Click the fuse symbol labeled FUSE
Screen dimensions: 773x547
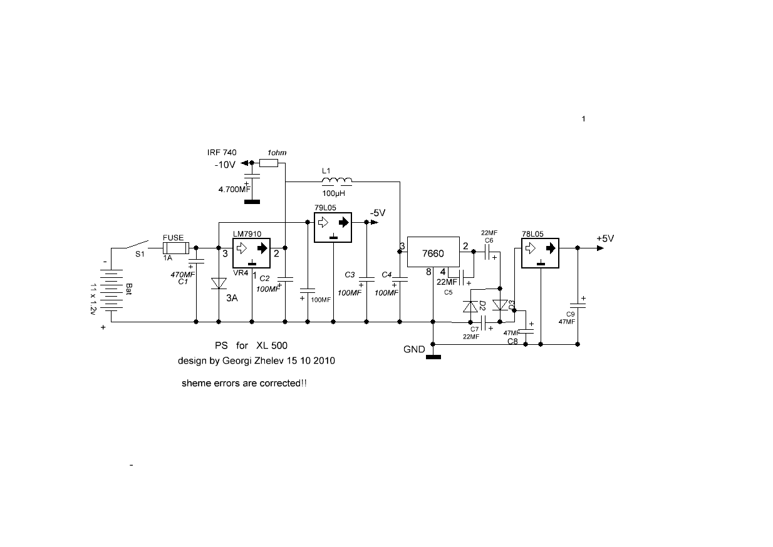(x=175, y=248)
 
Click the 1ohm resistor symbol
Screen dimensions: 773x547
(x=269, y=163)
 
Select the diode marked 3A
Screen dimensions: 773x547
(x=219, y=284)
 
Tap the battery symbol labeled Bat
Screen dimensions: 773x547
(x=112, y=290)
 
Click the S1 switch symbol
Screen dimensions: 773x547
(x=137, y=244)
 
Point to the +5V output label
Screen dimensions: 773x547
(x=605, y=238)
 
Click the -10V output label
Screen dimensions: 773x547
(x=225, y=165)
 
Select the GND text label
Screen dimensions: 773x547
(x=414, y=349)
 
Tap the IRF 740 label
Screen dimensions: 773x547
(x=222, y=152)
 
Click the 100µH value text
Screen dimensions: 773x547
(x=334, y=193)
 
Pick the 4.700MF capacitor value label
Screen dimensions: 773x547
(x=234, y=189)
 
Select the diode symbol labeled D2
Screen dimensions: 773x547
(x=470, y=307)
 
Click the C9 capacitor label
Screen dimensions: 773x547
(x=571, y=314)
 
